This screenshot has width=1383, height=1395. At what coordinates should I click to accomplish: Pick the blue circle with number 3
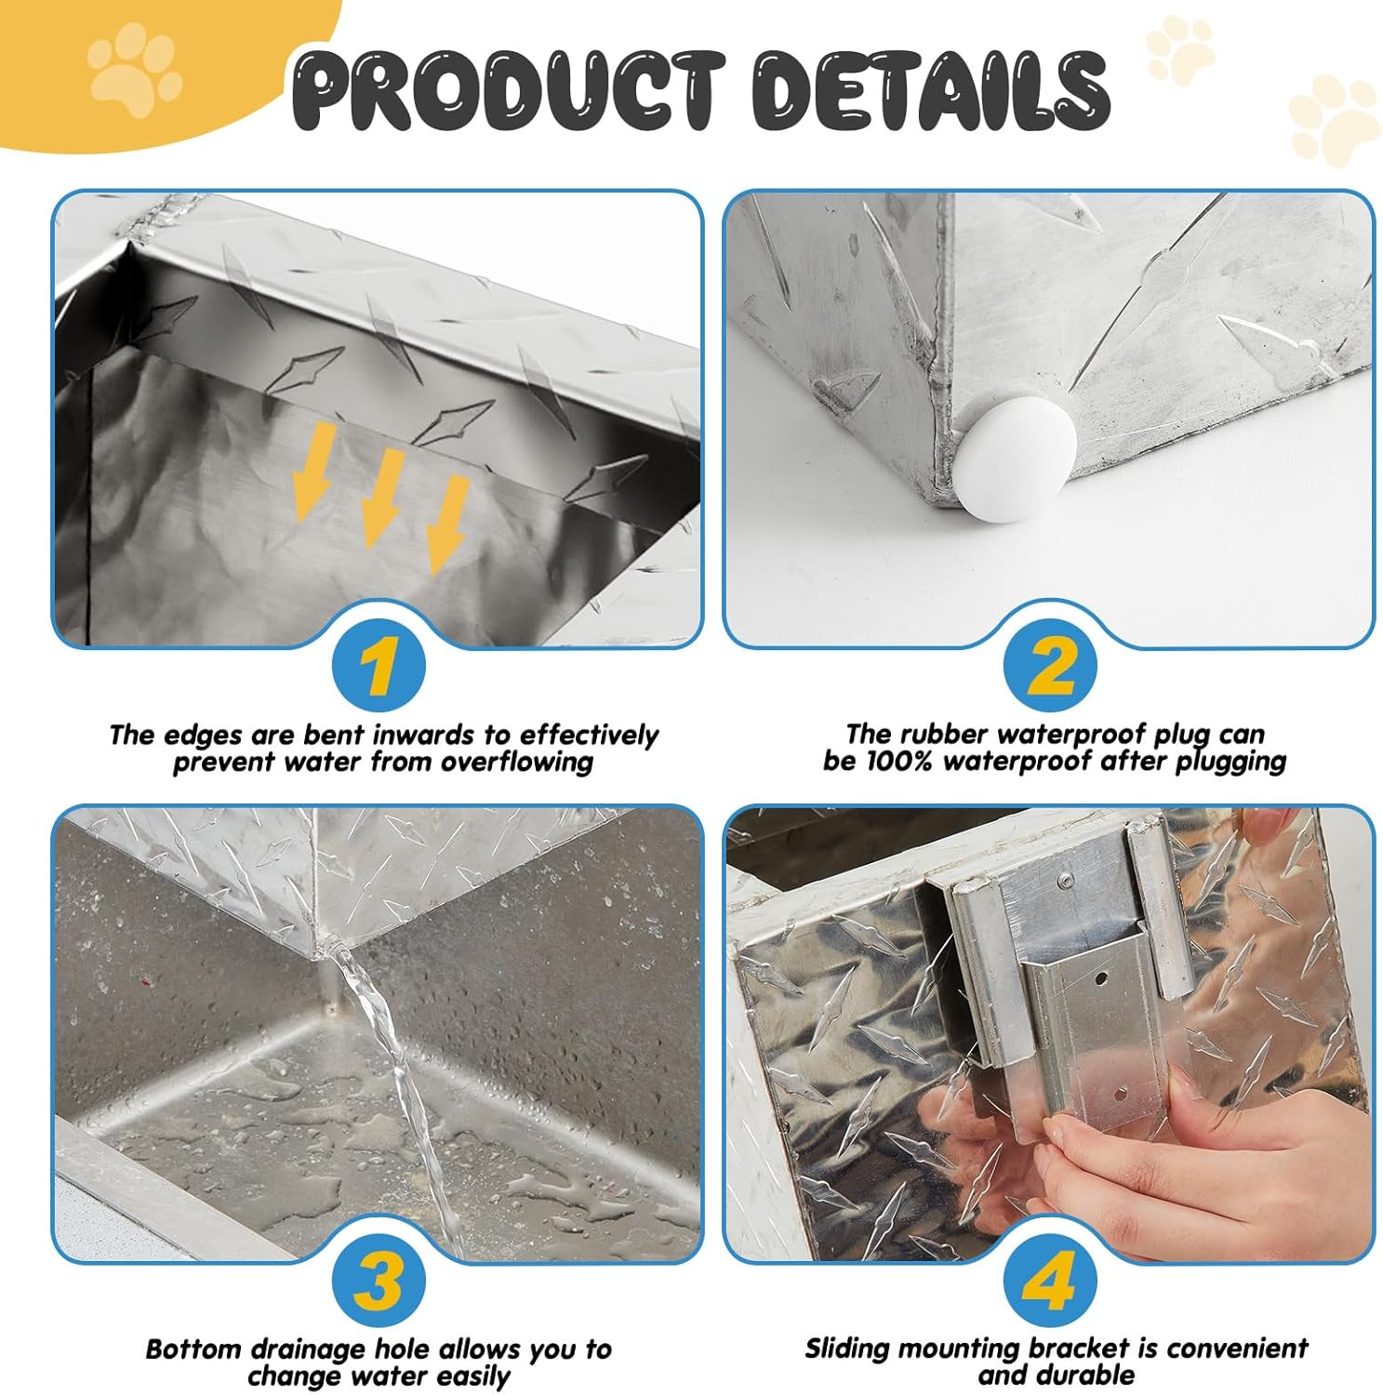coord(379,1281)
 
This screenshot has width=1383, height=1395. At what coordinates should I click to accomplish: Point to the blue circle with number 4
coord(1050,1281)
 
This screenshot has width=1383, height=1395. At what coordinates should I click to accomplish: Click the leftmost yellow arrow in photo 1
coord(313,469)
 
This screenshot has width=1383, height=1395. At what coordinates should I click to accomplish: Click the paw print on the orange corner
coord(134,72)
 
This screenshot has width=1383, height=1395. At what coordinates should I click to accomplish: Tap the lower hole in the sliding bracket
coord(1122,1094)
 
